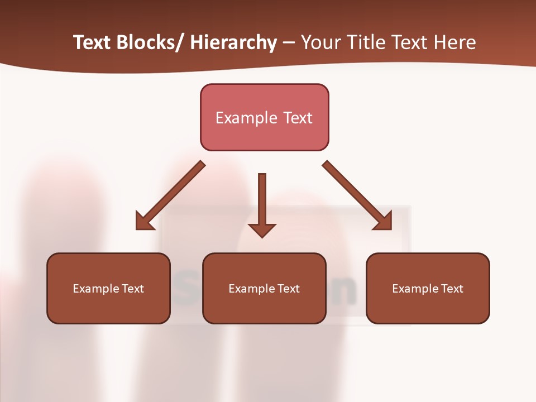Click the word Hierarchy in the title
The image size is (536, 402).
click(233, 42)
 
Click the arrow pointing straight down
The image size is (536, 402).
click(262, 201)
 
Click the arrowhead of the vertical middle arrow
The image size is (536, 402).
click(262, 229)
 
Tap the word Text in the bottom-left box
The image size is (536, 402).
click(132, 289)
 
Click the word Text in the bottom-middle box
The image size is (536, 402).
click(288, 289)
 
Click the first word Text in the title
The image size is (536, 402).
click(93, 42)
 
